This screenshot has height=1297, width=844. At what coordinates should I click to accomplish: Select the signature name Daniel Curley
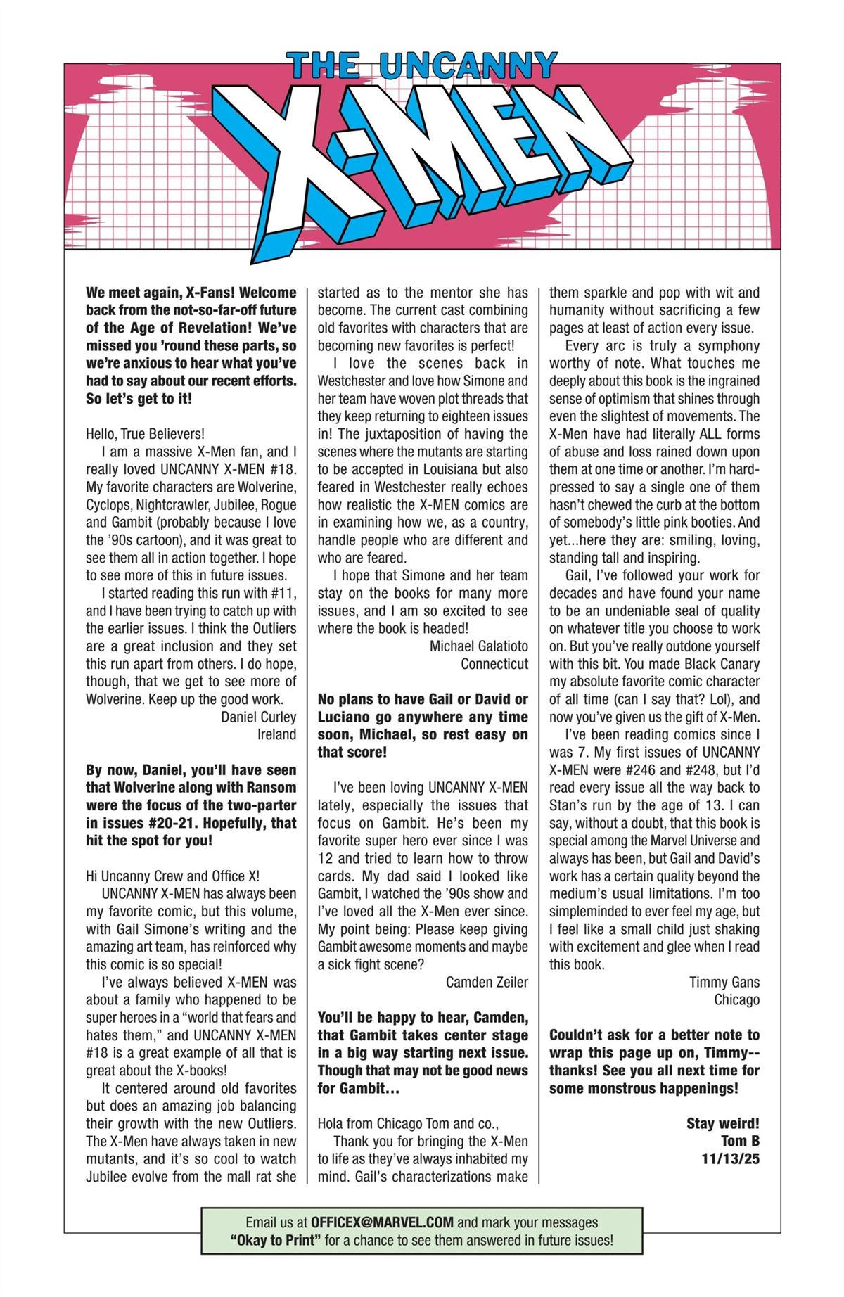pyautogui.click(x=258, y=717)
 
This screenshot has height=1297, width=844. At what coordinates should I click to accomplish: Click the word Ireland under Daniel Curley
pyautogui.click(x=276, y=734)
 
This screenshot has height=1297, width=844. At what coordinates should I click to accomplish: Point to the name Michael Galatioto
pyautogui.click(x=478, y=646)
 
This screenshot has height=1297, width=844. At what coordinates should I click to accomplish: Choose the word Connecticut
pyautogui.click(x=494, y=663)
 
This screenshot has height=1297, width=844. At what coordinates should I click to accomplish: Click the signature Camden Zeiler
pyautogui.click(x=487, y=982)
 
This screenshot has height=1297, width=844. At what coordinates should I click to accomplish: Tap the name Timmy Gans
pyautogui.click(x=724, y=982)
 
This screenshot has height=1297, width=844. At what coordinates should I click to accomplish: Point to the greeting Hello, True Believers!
pyautogui.click(x=146, y=434)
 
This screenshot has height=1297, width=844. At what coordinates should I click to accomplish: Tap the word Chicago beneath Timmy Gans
pyautogui.click(x=736, y=999)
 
